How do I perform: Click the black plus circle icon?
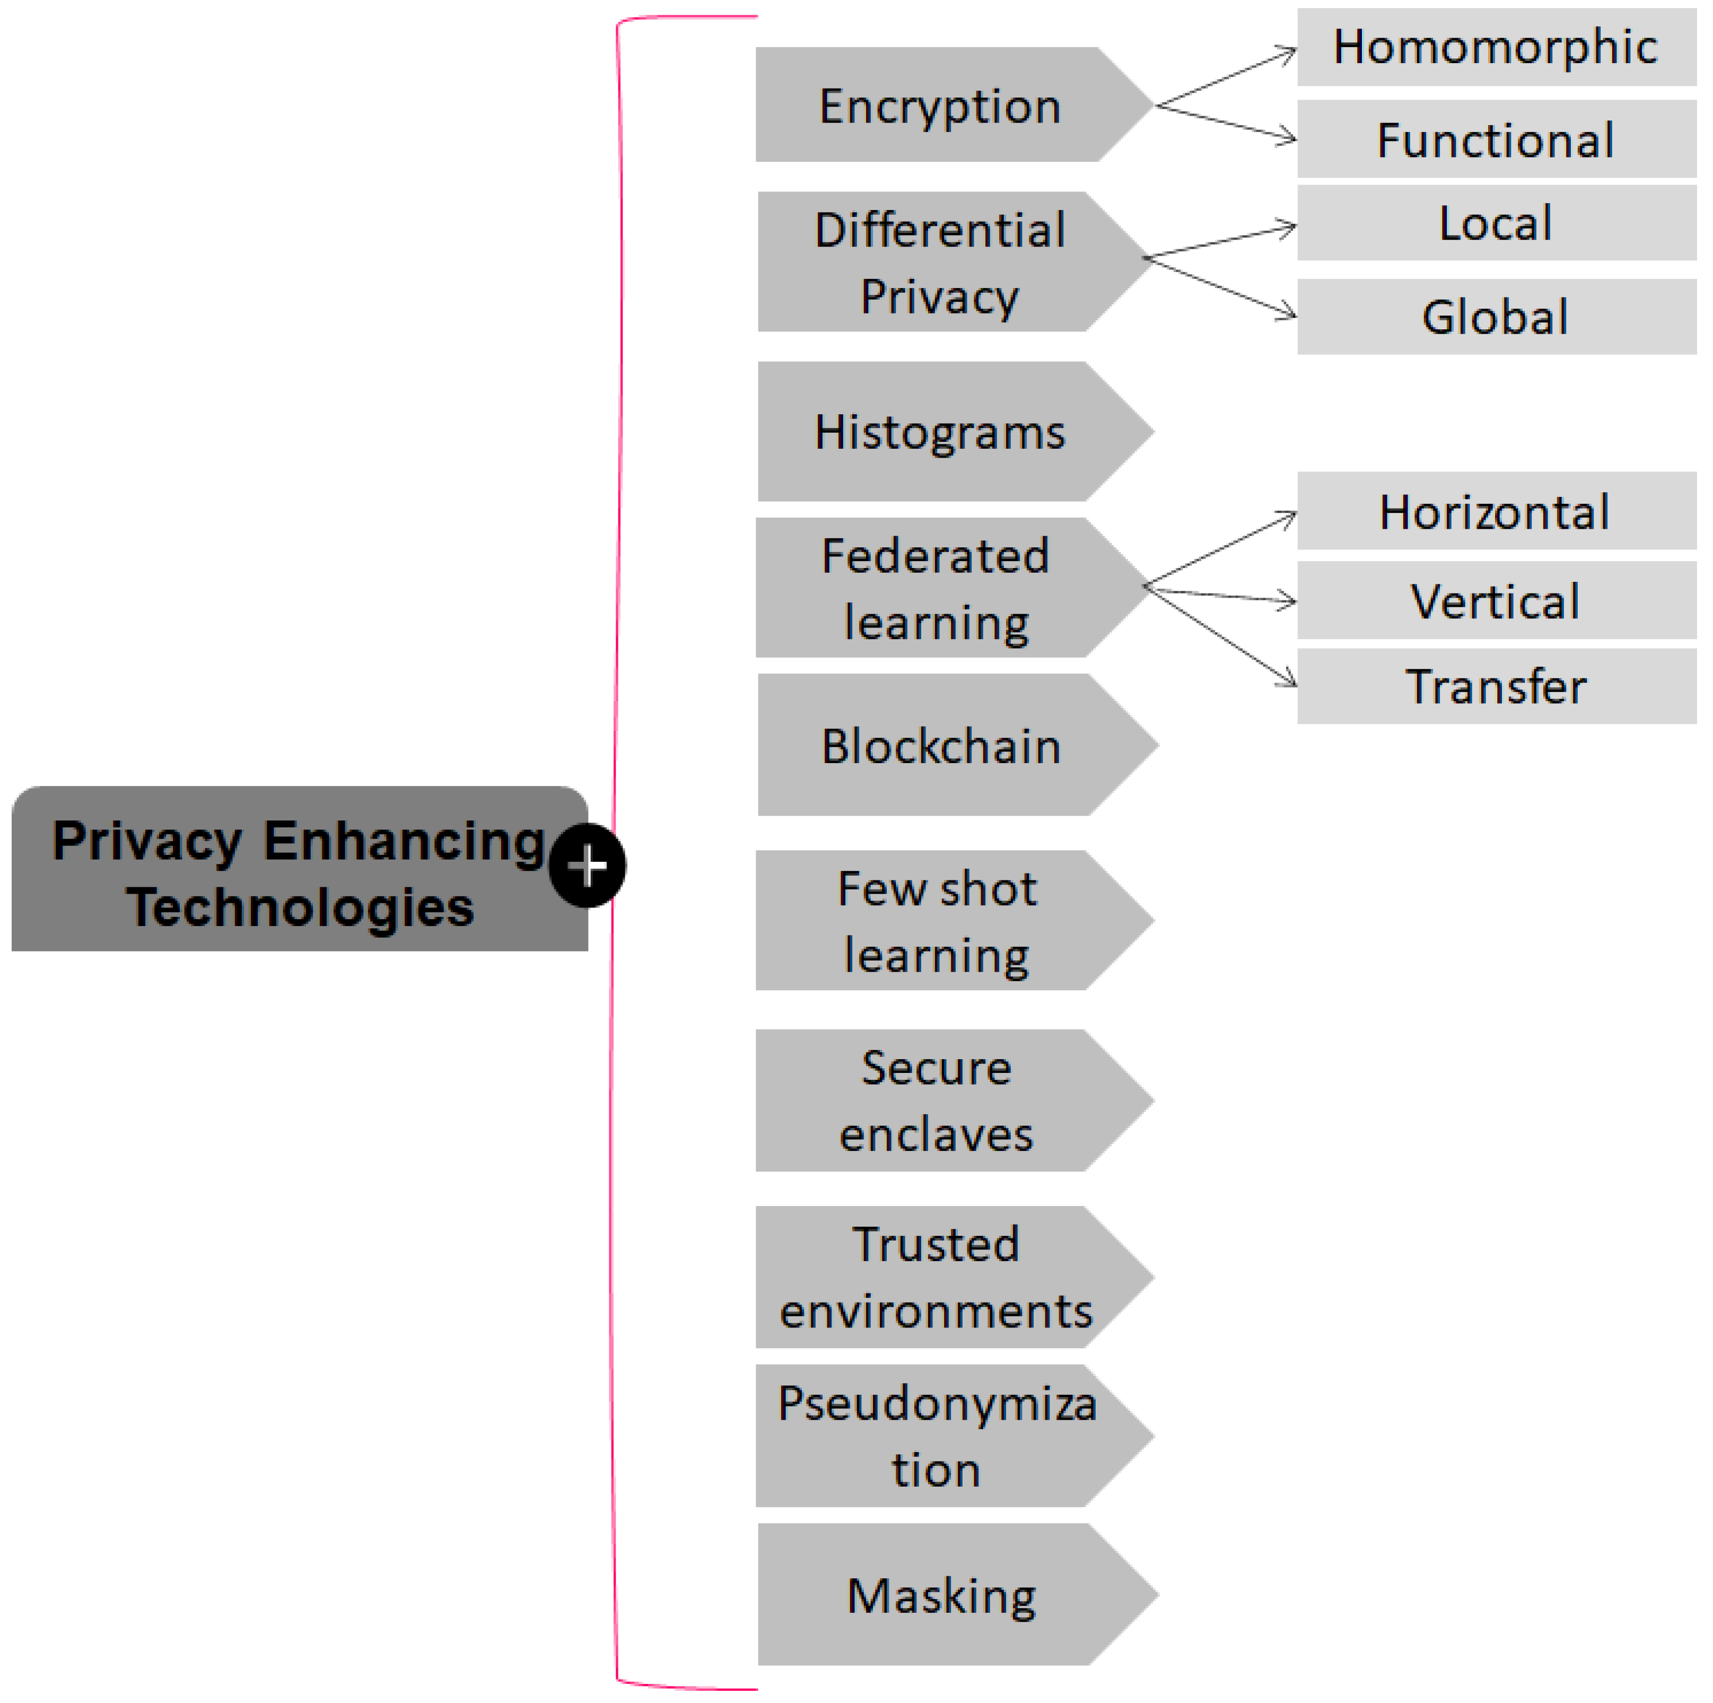point(587,865)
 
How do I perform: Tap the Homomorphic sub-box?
point(1496,47)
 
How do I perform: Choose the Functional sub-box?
point(1496,139)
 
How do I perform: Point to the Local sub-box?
point(1496,223)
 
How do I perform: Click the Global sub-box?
point(1496,317)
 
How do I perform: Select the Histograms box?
point(940,432)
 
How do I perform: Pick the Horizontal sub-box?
point(1496,511)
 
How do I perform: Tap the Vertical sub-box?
point(1496,601)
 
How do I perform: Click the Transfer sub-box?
point(1496,686)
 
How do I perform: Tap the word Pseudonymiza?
point(937,1403)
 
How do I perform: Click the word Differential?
point(940,230)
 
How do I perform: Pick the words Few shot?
point(937,888)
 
